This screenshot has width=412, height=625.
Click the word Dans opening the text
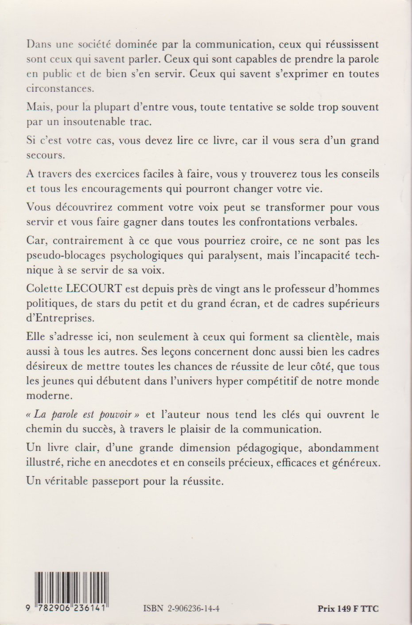pyautogui.click(x=38, y=45)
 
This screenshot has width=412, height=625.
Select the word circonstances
pyautogui.click(x=60, y=88)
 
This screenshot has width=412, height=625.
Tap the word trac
pyautogui.click(x=136, y=122)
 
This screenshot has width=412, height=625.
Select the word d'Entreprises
pyautogui.click(x=60, y=318)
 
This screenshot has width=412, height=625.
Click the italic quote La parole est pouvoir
pyautogui.click(x=83, y=414)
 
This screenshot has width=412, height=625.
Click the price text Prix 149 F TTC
pyautogui.click(x=348, y=609)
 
